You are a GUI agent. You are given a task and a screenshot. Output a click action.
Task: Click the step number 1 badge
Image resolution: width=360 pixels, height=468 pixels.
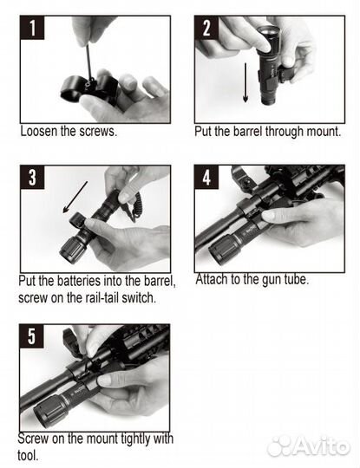(x=32, y=28)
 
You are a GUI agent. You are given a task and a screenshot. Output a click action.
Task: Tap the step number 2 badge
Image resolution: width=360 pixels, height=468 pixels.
(x=206, y=28)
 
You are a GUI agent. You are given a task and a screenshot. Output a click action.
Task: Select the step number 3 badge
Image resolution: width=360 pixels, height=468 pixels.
(x=32, y=178)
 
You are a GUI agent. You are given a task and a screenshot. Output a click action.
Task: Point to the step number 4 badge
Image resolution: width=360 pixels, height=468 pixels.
(x=206, y=178)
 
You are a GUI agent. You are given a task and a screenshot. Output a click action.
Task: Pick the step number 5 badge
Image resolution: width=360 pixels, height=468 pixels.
(x=32, y=336)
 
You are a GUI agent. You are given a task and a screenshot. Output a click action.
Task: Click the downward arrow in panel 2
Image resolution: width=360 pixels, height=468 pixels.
(x=245, y=82)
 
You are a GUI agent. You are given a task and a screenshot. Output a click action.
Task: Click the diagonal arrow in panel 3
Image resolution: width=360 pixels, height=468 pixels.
(x=75, y=197)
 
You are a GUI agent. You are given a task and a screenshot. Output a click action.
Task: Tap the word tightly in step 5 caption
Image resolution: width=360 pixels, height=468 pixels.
(x=136, y=439)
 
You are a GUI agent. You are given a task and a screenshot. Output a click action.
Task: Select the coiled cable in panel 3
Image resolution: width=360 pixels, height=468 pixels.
(x=136, y=207)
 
